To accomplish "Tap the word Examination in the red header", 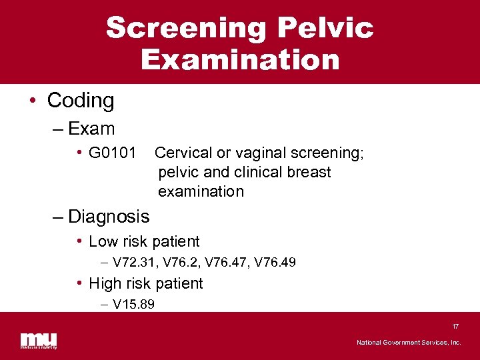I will (240, 59).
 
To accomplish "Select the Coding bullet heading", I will (81, 101).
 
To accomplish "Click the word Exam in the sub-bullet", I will (91, 128).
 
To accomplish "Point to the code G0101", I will (112, 153).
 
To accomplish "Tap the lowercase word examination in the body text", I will (201, 191).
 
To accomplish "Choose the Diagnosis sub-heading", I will (109, 216).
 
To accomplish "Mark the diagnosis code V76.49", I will (274, 263).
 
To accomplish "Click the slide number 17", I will (455, 327).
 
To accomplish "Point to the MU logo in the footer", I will (38, 339).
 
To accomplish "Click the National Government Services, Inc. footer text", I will (408, 342).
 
